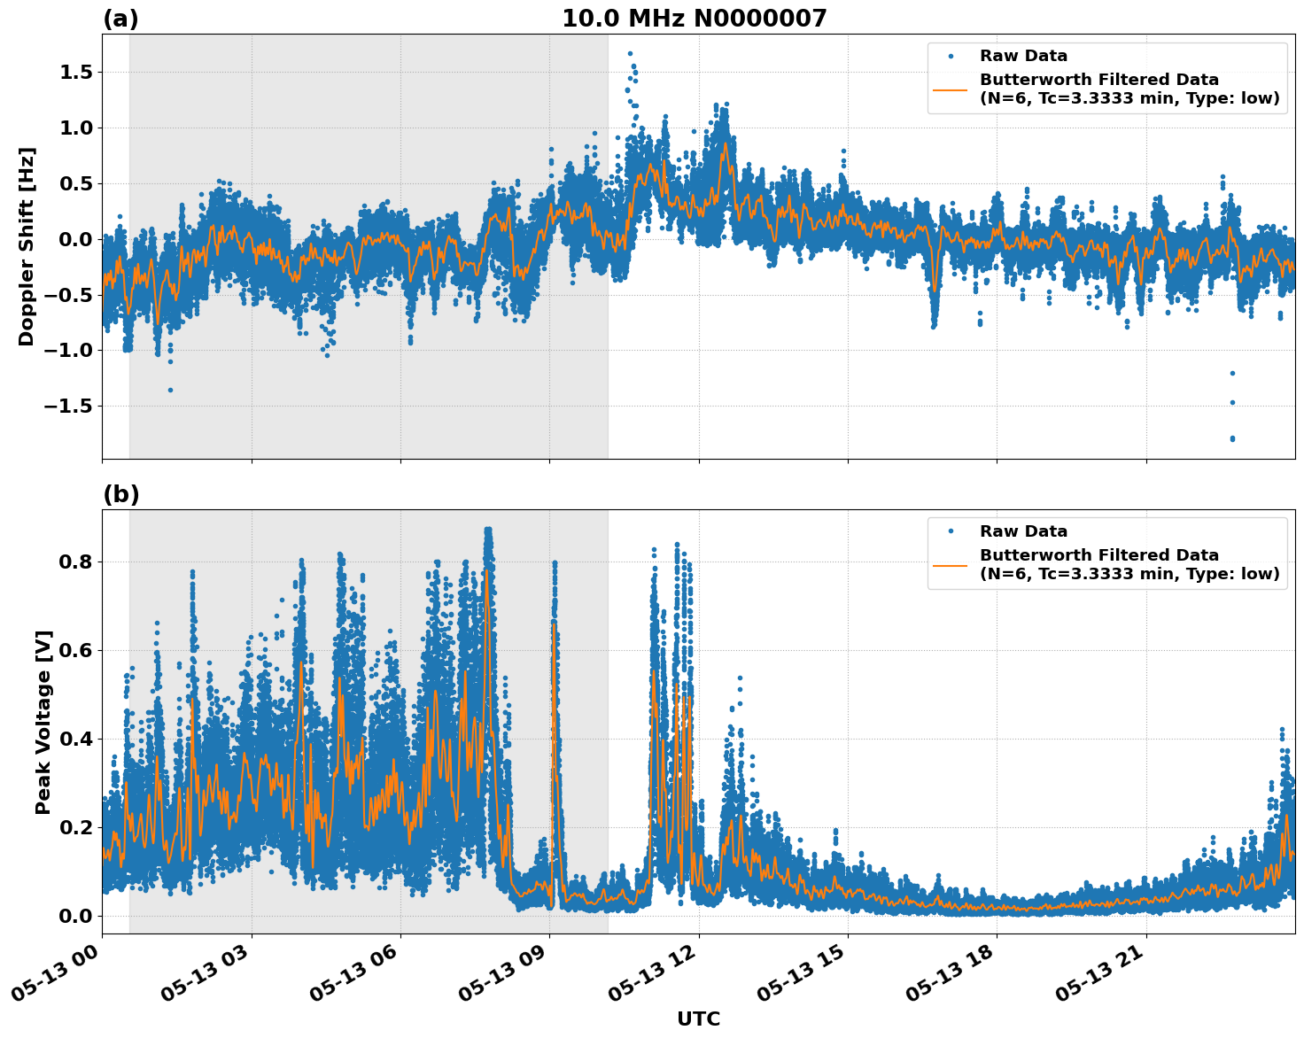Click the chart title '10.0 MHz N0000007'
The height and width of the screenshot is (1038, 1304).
pyautogui.click(x=694, y=19)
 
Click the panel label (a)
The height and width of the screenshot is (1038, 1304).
pyautogui.click(x=120, y=19)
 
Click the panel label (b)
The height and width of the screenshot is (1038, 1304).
pyautogui.click(x=120, y=494)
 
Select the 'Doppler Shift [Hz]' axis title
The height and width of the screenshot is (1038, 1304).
pyautogui.click(x=27, y=246)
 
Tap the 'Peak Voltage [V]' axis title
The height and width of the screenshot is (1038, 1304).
pyautogui.click(x=43, y=722)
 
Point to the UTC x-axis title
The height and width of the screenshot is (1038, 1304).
pyautogui.click(x=698, y=1019)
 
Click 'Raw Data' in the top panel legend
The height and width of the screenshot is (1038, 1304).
pyautogui.click(x=1023, y=56)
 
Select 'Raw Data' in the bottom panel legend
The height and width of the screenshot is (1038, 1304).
pyautogui.click(x=1023, y=531)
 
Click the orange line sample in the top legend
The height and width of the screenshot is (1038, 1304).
pyautogui.click(x=950, y=89)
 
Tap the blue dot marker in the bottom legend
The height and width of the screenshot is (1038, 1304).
pyautogui.click(x=950, y=531)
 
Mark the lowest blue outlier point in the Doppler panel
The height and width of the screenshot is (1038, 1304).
pyautogui.click(x=1232, y=438)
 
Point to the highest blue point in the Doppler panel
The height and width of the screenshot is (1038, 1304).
pyautogui.click(x=630, y=54)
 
